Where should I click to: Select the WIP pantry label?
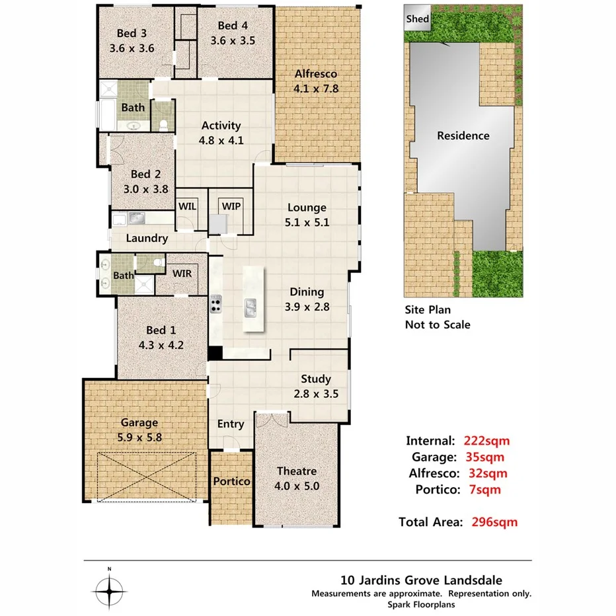pos(231,206)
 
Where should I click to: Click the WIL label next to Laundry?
pos(188,206)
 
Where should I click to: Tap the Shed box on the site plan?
pos(417,19)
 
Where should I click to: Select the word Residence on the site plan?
pos(463,135)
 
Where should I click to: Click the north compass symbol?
pos(110,588)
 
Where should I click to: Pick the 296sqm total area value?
pos(494,522)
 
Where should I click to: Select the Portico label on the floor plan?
pos(231,481)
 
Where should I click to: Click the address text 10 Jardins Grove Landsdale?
pos(421,581)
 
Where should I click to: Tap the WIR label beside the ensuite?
pos(182,273)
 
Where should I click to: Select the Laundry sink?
pos(137,217)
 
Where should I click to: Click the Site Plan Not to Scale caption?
pos(438,317)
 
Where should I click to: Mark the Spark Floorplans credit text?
pos(421,604)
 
